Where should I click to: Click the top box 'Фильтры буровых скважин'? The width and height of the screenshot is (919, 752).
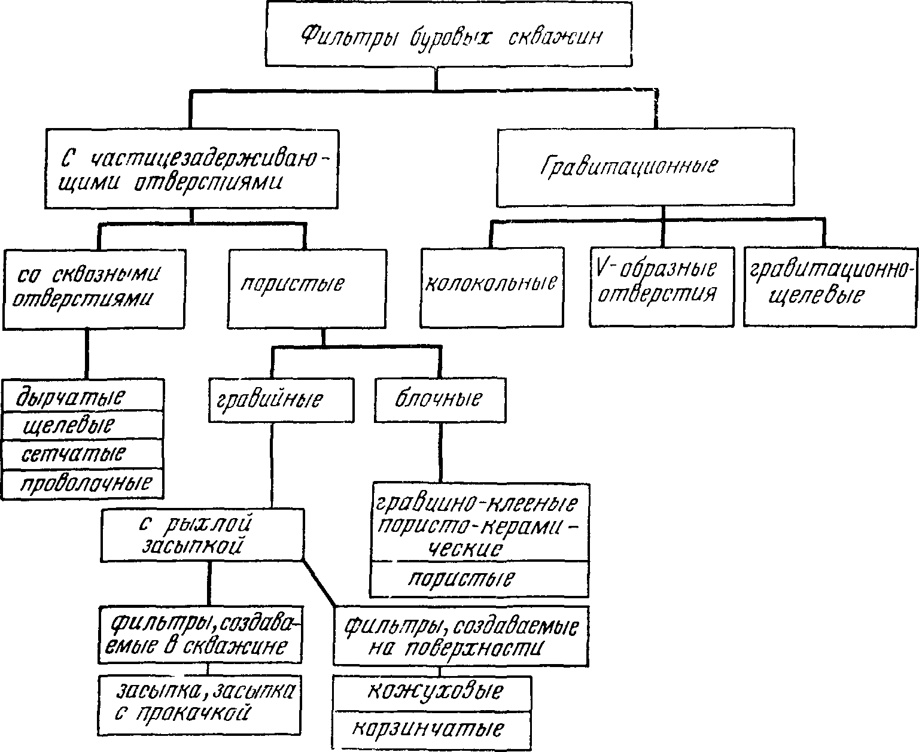(449, 34)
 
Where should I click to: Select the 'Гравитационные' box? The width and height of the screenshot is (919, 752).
(646, 167)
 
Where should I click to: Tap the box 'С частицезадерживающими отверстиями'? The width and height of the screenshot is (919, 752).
(191, 169)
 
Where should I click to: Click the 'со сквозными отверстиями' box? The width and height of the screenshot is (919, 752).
(94, 289)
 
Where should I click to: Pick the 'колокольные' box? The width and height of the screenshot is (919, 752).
(492, 287)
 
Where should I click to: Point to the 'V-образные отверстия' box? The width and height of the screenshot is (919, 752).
(662, 287)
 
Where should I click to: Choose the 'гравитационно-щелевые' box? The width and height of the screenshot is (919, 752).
(830, 287)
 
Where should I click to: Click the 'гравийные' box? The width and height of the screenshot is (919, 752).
(281, 400)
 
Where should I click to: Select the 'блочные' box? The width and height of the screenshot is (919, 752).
(440, 400)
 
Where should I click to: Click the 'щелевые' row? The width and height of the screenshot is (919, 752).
(83, 425)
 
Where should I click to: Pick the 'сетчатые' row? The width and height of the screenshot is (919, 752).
(83, 454)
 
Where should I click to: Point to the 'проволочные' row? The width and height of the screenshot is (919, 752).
(83, 483)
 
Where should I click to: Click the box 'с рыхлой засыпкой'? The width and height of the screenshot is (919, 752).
(202, 535)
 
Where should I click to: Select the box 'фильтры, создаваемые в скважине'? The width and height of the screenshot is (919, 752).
(200, 635)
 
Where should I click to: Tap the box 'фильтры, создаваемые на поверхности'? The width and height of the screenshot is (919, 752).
(461, 636)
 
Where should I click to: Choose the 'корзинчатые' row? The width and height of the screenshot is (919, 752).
(432, 731)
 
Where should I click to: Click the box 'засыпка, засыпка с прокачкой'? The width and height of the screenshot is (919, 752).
(200, 705)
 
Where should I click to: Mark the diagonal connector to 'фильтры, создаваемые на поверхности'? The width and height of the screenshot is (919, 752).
(318, 583)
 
